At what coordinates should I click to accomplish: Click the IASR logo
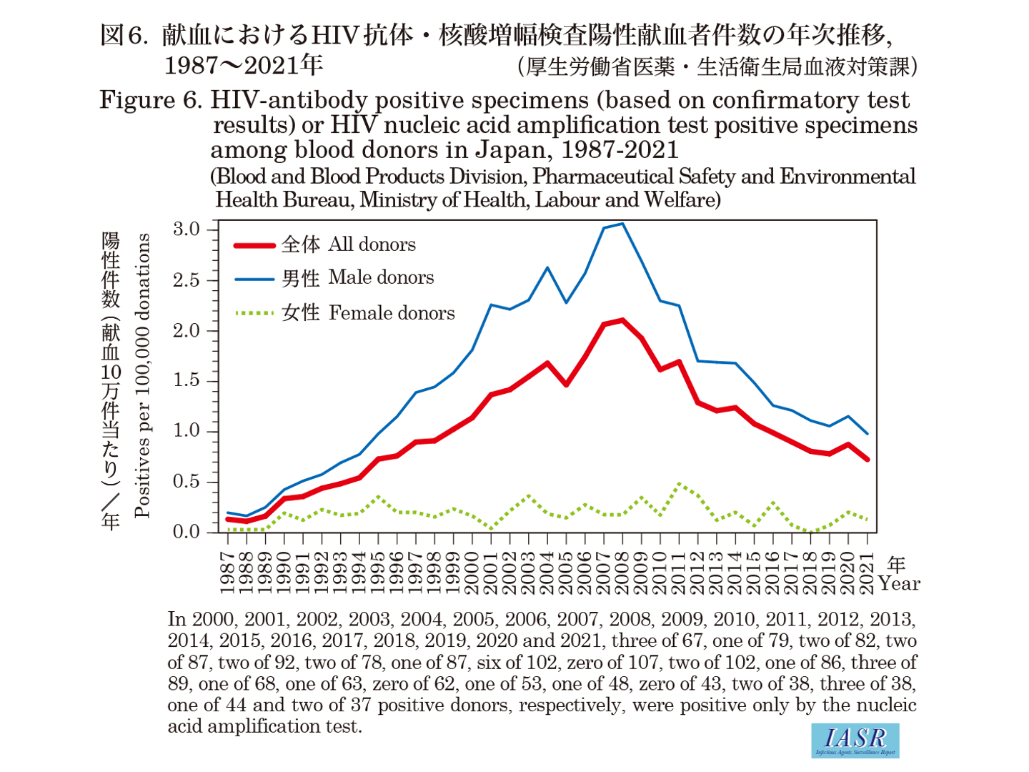(x=855, y=740)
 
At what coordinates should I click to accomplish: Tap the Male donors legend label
(x=357, y=277)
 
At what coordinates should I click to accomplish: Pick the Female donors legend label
(x=367, y=312)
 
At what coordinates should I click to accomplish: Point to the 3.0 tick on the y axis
(x=186, y=229)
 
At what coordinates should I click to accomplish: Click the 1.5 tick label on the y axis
(x=186, y=380)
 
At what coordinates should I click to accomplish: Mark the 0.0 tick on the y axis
(x=186, y=532)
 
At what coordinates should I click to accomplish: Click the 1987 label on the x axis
(x=228, y=573)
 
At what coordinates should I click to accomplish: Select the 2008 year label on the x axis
(x=622, y=573)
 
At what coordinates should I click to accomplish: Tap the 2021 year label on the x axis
(x=867, y=573)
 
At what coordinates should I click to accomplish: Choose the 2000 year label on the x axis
(x=472, y=573)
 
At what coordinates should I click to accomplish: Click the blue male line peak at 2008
(x=622, y=224)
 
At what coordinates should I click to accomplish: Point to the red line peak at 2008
(x=622, y=320)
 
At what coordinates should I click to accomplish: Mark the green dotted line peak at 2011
(x=679, y=484)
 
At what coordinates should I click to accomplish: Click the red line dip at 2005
(x=566, y=385)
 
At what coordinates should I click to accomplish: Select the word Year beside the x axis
(x=900, y=583)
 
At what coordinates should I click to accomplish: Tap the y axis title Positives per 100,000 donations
(x=143, y=375)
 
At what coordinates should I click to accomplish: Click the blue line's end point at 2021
(x=867, y=434)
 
